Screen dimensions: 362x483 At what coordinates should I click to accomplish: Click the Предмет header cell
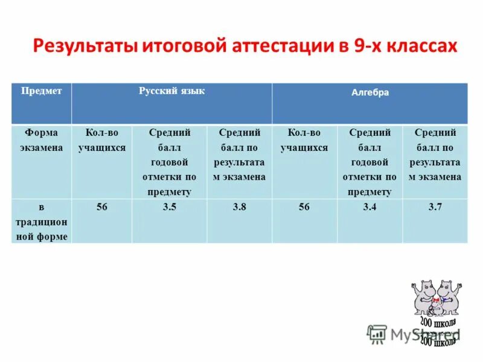pyautogui.click(x=42, y=91)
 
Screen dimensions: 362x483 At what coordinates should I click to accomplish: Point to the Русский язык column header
pyautogui.click(x=171, y=91)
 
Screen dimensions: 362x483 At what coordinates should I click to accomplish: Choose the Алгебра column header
pyautogui.click(x=370, y=93)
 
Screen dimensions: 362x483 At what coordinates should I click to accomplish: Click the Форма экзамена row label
pyautogui.click(x=42, y=140)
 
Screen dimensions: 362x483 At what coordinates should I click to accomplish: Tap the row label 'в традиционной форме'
pyautogui.click(x=42, y=222)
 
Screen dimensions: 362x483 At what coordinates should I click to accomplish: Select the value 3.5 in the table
pyautogui.click(x=170, y=207)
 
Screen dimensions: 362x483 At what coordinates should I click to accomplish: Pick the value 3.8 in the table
pyautogui.click(x=239, y=207)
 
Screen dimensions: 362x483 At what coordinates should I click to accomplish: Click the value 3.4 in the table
pyautogui.click(x=369, y=207)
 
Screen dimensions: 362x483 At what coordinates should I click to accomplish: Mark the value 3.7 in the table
pyautogui.click(x=435, y=207)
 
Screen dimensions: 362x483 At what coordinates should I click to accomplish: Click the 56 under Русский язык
pyautogui.click(x=102, y=207)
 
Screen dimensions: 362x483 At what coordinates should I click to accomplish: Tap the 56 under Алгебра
pyautogui.click(x=304, y=207)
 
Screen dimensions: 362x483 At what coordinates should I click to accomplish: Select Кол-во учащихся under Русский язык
pyautogui.click(x=102, y=140)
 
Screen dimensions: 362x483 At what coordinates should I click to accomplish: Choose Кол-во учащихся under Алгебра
pyautogui.click(x=304, y=140)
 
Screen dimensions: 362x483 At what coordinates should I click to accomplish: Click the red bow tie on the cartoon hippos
pyautogui.click(x=433, y=298)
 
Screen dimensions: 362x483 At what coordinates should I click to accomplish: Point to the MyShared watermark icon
pyautogui.click(x=377, y=334)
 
